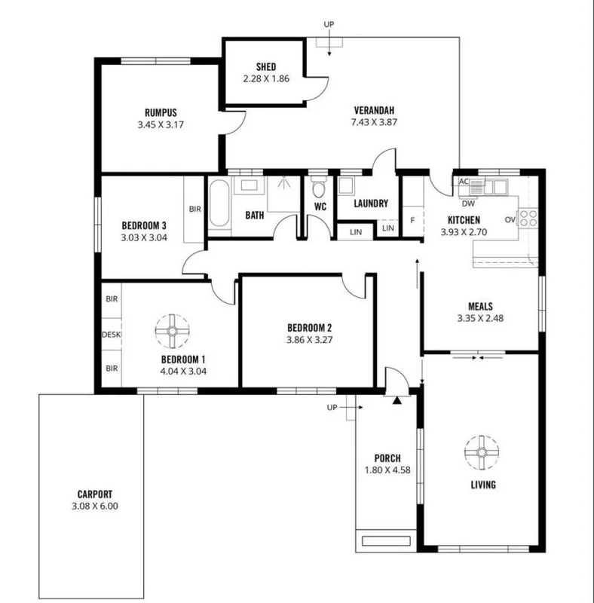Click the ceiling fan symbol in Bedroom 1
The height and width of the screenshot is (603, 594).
click(173, 329)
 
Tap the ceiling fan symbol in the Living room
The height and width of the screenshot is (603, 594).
click(480, 451)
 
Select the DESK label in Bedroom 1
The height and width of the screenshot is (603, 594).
click(111, 334)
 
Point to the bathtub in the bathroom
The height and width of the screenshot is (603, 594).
click(219, 203)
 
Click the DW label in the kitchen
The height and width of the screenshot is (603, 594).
click(467, 204)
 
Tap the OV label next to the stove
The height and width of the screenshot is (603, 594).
click(510, 219)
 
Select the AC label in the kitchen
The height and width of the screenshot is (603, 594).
click(464, 182)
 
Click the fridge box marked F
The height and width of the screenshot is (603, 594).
click(412, 219)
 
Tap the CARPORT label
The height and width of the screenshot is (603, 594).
click(90, 494)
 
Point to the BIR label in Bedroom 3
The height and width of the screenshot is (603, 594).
click(194, 209)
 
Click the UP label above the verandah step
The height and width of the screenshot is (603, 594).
click(328, 24)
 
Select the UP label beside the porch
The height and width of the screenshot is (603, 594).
click(332, 407)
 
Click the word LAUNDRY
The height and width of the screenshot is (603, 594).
click(369, 204)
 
